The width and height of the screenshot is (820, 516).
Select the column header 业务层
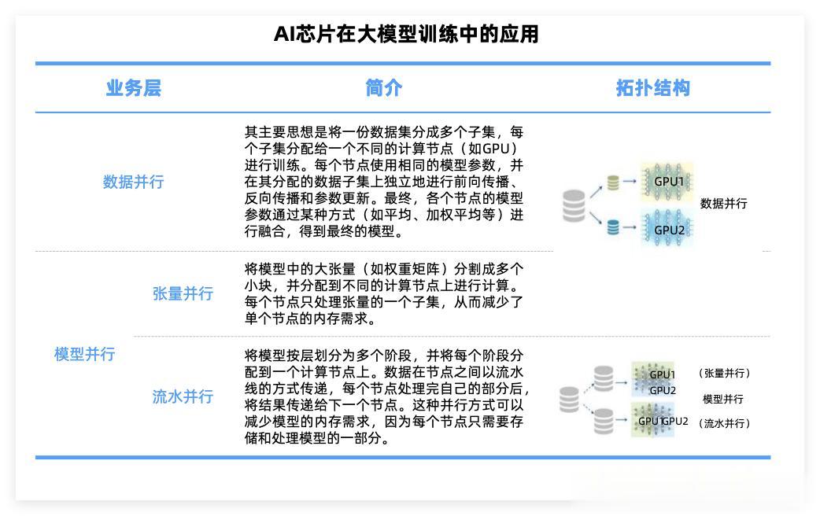click(x=133, y=88)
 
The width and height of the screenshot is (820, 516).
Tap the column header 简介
click(x=384, y=88)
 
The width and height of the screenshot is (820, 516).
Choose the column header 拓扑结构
click(x=652, y=88)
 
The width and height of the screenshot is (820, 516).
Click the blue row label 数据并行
click(x=133, y=182)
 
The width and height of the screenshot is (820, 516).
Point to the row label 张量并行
click(x=183, y=294)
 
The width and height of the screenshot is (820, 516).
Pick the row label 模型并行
click(x=84, y=354)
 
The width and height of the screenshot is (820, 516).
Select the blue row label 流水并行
click(x=183, y=396)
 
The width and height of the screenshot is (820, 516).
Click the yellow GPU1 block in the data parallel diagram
click(x=667, y=182)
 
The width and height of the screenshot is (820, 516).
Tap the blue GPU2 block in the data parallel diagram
click(x=667, y=229)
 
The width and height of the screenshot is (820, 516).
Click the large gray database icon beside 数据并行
click(x=574, y=205)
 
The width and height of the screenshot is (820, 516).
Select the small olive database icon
click(x=614, y=182)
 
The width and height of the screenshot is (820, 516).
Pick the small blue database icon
click(x=614, y=228)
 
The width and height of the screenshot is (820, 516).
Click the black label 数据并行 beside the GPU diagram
click(x=723, y=204)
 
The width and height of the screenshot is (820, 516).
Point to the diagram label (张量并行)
click(x=724, y=373)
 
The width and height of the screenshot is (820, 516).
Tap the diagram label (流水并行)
click(x=724, y=423)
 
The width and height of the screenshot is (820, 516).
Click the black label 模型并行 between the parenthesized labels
click(x=722, y=399)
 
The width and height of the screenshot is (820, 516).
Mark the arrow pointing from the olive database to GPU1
click(x=630, y=182)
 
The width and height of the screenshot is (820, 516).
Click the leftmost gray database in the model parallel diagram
click(x=569, y=400)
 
